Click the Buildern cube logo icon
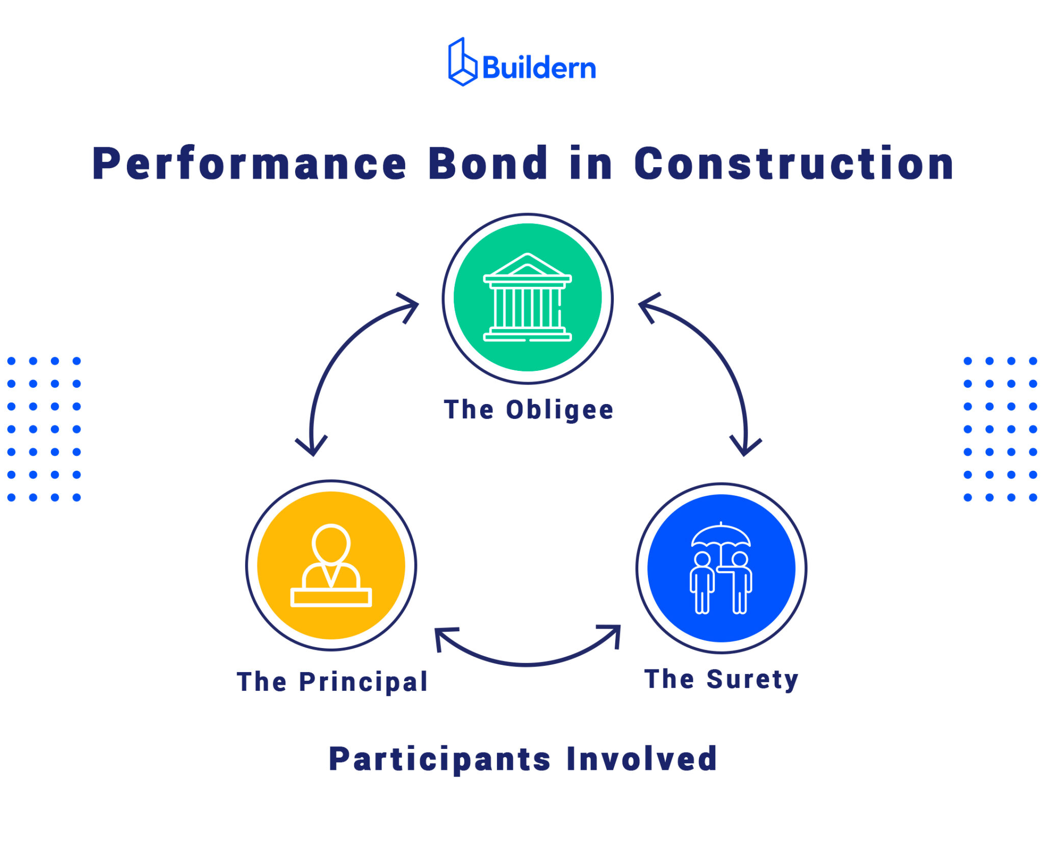click(x=462, y=62)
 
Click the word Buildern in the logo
click(x=538, y=68)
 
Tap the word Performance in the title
click(x=249, y=164)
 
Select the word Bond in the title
click(x=488, y=164)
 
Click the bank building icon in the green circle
click(x=527, y=298)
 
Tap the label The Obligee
click(x=529, y=410)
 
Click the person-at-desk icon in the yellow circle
click(x=331, y=566)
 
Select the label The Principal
click(x=332, y=682)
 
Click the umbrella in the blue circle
click(x=721, y=537)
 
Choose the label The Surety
click(x=721, y=679)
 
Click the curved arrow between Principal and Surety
click(x=527, y=663)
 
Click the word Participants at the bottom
click(x=439, y=760)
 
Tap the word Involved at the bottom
click(x=641, y=759)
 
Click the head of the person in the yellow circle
click(x=331, y=543)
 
